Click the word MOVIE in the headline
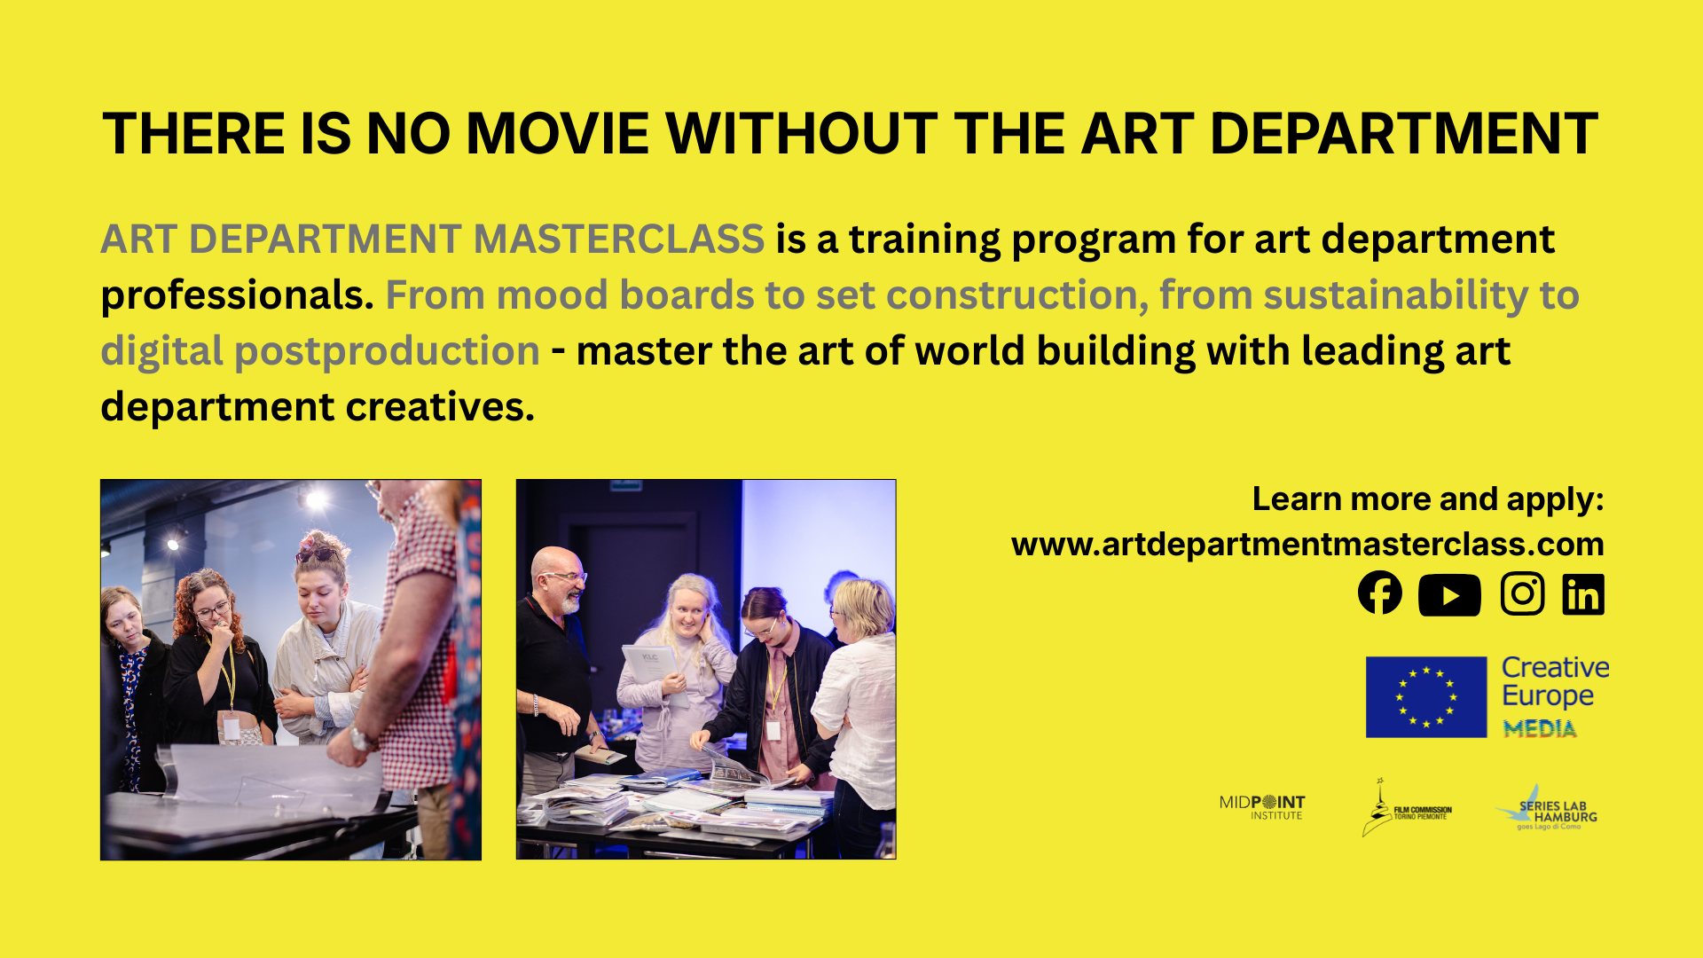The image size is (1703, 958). [558, 135]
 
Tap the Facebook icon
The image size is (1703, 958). [1380, 593]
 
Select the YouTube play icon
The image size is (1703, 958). [1449, 595]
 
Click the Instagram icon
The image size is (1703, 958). [1522, 594]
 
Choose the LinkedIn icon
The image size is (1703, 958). [1583, 594]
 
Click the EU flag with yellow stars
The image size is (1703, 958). [1425, 697]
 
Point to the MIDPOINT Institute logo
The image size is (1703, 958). [1262, 807]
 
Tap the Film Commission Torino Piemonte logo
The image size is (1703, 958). [1407, 809]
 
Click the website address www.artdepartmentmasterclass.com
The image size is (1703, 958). [1307, 545]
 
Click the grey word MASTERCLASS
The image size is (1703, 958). [618, 239]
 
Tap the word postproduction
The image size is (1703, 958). [387, 351]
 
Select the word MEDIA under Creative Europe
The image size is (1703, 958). [1539, 729]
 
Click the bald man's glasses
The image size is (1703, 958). [566, 577]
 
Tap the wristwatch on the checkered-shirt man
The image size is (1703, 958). [360, 736]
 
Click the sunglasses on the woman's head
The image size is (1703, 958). [318, 554]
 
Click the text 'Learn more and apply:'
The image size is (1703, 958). [1427, 499]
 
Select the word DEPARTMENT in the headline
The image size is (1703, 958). [1403, 135]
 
